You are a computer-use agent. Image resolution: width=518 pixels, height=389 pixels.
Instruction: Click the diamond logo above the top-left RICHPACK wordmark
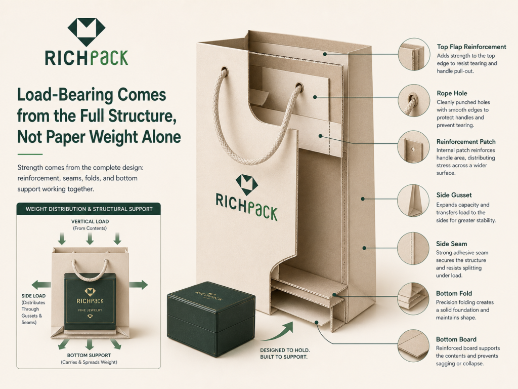click(87, 32)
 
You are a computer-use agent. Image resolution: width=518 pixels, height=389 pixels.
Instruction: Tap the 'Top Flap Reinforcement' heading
click(471, 47)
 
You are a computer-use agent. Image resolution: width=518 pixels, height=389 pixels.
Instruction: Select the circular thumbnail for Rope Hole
click(414, 101)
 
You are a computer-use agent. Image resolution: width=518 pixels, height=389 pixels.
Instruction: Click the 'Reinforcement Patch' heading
click(466, 142)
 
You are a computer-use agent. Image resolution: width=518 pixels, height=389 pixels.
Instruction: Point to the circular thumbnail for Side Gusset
click(413, 201)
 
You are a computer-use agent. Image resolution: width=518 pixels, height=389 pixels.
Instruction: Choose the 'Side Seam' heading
click(451, 244)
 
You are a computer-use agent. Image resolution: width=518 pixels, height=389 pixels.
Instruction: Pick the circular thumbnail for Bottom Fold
click(414, 299)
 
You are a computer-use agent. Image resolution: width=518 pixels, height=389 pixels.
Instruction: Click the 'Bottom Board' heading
click(456, 339)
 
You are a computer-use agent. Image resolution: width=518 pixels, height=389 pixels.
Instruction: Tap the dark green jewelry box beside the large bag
click(211, 319)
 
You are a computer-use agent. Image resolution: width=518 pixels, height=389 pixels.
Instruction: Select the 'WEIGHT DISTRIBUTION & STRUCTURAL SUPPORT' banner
click(89, 209)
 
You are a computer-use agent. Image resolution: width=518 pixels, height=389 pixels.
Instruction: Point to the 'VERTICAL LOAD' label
click(90, 222)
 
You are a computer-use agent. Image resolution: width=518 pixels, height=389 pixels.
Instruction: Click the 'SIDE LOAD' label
click(33, 296)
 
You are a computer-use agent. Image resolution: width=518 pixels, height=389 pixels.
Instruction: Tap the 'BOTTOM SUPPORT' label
click(89, 355)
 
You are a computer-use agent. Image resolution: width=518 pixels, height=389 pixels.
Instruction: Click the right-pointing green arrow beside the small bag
click(139, 285)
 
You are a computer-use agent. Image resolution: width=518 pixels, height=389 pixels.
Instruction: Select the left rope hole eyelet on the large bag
click(224, 71)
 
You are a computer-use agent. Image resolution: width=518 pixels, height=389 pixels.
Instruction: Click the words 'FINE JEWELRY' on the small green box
click(90, 310)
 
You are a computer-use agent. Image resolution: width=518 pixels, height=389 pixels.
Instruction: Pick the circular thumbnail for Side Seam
click(413, 248)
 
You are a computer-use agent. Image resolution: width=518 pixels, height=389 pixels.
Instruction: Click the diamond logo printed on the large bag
click(246, 184)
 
